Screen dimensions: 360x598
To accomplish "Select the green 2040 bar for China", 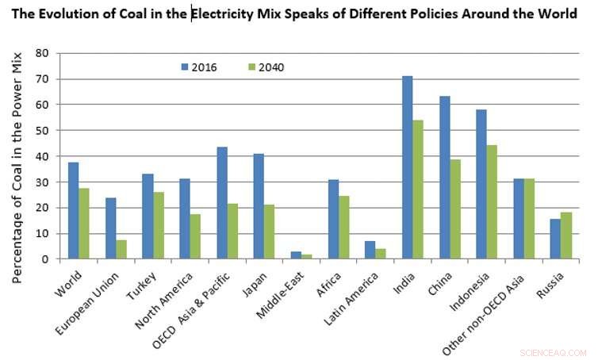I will pos(455,209).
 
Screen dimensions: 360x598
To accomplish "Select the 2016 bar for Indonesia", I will pos(481,184).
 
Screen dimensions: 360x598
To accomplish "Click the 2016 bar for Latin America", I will pos(370,250).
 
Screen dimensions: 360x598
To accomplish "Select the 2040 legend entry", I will pos(265,67).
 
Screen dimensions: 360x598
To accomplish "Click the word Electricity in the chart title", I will pos(230,13).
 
